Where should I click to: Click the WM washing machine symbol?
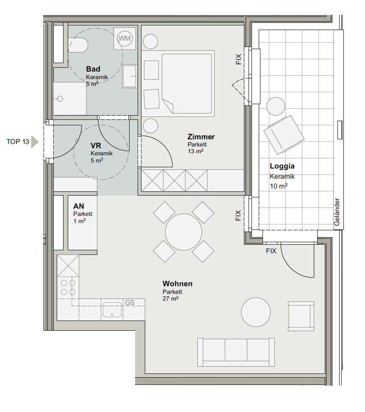click(124, 39)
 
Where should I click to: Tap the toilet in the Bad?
click(78, 45)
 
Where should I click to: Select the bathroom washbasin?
click(130, 76)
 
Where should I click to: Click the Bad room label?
click(93, 69)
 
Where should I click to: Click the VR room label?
click(96, 146)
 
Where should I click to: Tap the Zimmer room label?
click(201, 137)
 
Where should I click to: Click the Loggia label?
click(282, 166)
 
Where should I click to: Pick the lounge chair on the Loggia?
click(284, 135)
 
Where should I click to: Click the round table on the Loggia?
click(276, 106)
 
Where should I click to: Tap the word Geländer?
click(337, 212)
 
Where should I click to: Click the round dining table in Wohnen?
click(183, 232)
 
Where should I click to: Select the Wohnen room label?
click(177, 284)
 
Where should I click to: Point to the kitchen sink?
click(112, 310)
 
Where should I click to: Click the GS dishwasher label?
click(130, 303)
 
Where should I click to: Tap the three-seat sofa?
click(236, 352)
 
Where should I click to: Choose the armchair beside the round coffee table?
click(301, 316)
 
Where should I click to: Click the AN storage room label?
click(79, 206)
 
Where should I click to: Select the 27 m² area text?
click(170, 299)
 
